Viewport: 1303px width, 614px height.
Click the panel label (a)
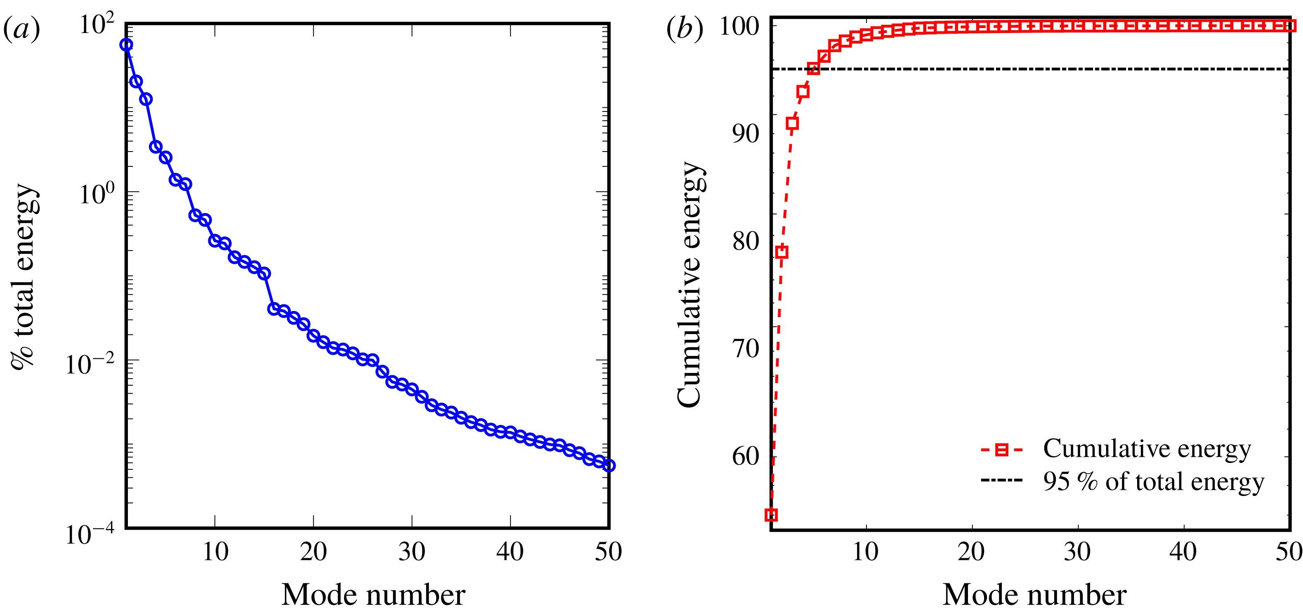[x=21, y=29]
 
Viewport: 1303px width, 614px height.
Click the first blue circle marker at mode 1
[x=126, y=45]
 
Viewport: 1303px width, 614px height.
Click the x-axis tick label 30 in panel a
[x=412, y=551]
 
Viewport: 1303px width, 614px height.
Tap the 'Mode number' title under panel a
[x=373, y=594]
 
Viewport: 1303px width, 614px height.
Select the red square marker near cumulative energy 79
[x=782, y=251]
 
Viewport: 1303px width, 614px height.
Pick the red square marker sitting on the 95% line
[x=813, y=68]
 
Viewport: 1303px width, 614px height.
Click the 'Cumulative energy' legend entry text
[x=1147, y=449]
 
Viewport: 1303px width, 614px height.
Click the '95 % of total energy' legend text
[x=1153, y=481]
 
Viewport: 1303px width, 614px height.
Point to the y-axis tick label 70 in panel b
[x=746, y=348]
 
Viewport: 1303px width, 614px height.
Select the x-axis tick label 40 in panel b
[x=1183, y=551]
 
